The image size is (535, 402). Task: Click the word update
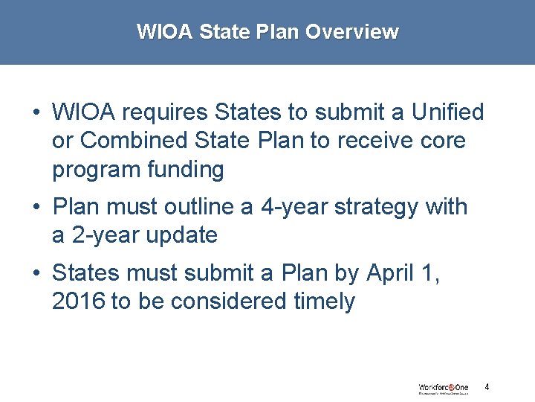(x=182, y=235)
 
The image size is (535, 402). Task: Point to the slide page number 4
(x=487, y=387)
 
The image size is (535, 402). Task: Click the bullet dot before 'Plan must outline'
(x=36, y=207)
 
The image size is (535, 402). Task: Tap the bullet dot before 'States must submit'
(x=36, y=272)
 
